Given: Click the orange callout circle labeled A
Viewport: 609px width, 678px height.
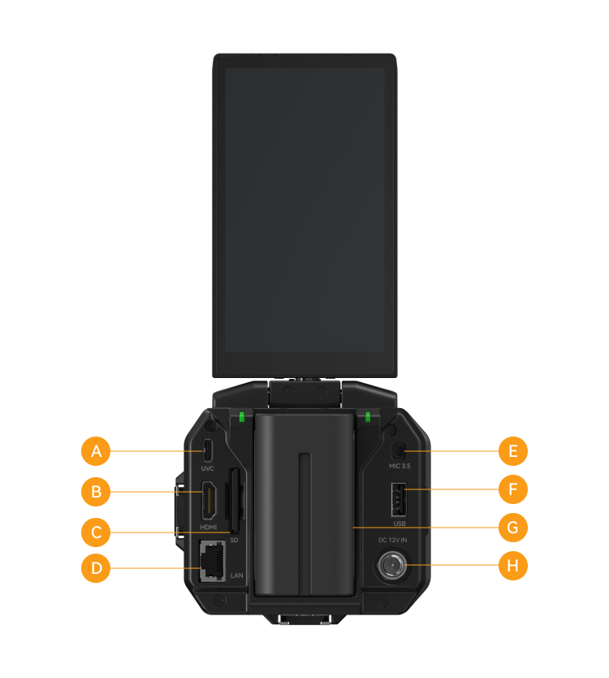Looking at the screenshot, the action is [x=96, y=451].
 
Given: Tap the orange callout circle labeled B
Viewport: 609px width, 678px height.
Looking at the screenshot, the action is [x=96, y=492].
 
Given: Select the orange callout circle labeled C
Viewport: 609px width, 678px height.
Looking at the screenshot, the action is [x=96, y=532].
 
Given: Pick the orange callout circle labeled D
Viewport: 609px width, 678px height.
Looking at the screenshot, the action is [x=96, y=567].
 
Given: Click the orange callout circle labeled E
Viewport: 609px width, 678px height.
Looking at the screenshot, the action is [x=513, y=451].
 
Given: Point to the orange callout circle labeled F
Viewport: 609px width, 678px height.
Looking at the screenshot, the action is [x=513, y=489].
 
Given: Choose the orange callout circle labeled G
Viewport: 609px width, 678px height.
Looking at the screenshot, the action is [x=513, y=527].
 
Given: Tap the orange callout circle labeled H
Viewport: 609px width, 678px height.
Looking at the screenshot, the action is [x=513, y=565].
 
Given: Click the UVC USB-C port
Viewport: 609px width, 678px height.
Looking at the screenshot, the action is [x=207, y=450].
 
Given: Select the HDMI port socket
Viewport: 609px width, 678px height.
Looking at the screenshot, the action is [x=209, y=501].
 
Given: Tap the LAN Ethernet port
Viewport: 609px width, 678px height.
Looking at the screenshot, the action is [x=213, y=561].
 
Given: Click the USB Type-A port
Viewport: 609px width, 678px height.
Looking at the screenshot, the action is [x=399, y=500].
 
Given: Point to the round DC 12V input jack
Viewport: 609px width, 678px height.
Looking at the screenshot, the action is [x=392, y=565].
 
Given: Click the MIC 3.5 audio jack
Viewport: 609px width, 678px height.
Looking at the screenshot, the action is [x=398, y=451].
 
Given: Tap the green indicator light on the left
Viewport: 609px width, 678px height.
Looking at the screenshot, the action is [x=242, y=417].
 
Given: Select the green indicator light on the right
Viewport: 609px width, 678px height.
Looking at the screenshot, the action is [x=368, y=417].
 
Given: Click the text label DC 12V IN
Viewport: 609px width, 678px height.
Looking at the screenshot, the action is [x=393, y=540].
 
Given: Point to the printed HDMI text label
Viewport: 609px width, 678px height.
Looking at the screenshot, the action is [x=209, y=527].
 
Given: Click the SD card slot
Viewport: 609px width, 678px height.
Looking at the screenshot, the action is [x=234, y=501].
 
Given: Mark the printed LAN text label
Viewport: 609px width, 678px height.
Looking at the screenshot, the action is [x=236, y=576].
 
